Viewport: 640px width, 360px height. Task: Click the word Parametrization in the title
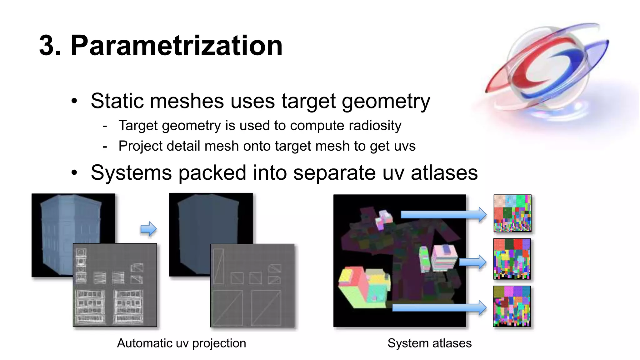tap(177, 46)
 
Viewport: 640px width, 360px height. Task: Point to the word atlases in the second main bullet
tap(444, 173)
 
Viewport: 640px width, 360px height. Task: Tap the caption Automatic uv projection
tap(181, 343)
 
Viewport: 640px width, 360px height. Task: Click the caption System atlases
tap(429, 343)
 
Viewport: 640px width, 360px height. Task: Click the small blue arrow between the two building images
tap(148, 229)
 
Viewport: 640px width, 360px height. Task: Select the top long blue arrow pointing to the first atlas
tap(443, 214)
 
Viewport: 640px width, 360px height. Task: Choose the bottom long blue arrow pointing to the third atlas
tap(439, 307)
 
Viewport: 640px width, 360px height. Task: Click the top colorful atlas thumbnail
tap(512, 213)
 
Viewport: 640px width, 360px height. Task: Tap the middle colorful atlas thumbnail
tap(512, 259)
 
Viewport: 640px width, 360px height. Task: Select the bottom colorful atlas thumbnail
tap(512, 306)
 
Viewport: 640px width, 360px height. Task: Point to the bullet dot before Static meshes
tap(74, 101)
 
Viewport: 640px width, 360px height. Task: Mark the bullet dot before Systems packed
tap(74, 172)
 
